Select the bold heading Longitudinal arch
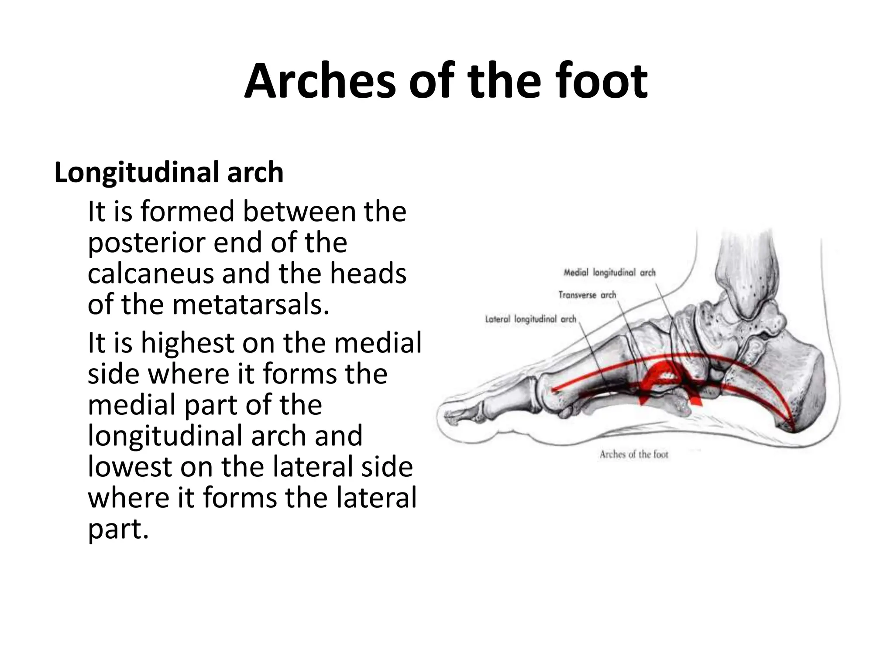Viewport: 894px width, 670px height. pos(168,172)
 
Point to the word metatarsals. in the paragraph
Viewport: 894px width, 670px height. pos(251,304)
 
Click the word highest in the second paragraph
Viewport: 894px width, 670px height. pos(188,342)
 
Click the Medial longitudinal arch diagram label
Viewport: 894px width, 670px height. pos(609,273)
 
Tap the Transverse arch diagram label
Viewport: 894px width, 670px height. pos(587,295)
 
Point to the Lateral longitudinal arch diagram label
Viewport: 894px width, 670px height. pos(530,319)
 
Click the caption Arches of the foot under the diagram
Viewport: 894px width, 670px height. pos(634,455)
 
